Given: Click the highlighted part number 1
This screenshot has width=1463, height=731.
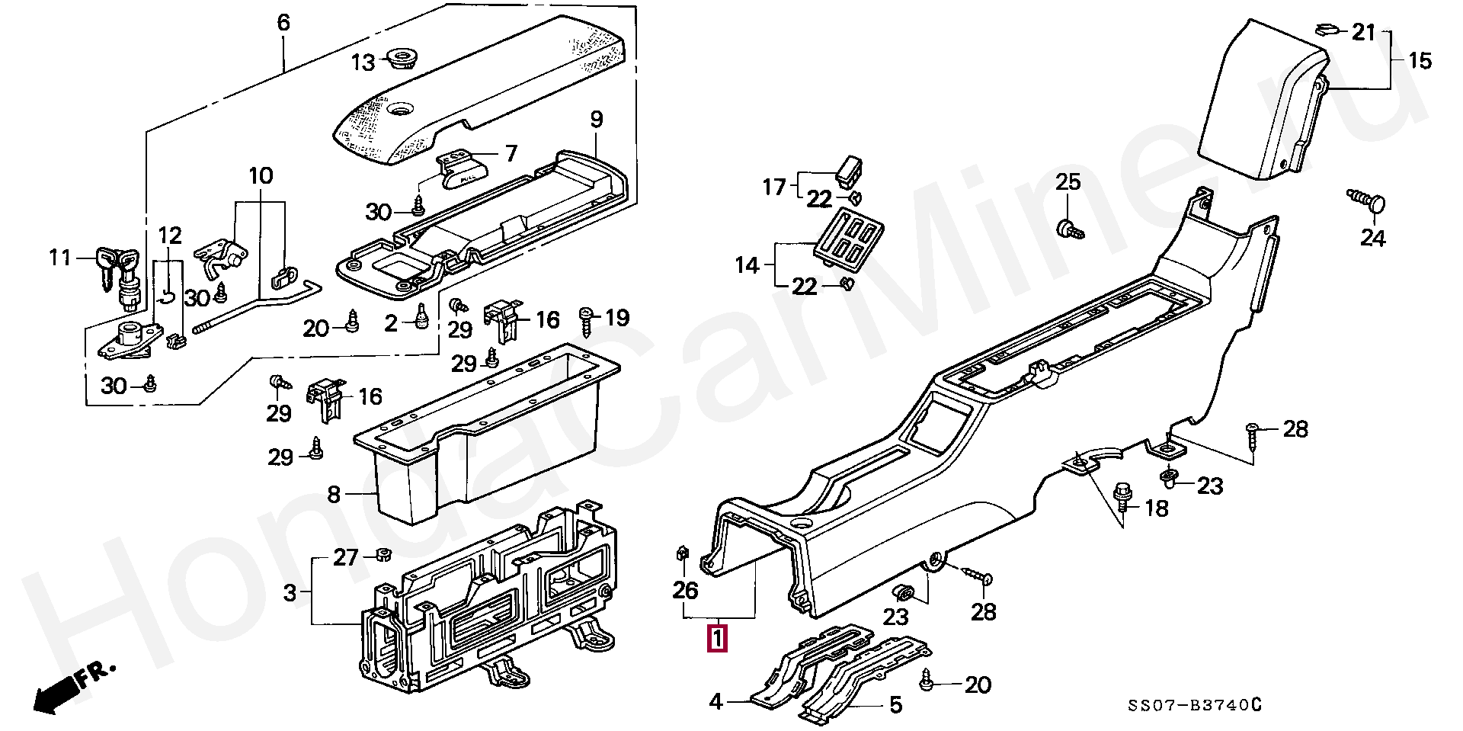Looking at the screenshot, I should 717,638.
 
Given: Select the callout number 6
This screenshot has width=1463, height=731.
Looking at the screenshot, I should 283,22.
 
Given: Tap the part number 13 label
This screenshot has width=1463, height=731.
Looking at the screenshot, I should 363,63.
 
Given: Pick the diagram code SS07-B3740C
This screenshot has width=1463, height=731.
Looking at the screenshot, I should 1195,706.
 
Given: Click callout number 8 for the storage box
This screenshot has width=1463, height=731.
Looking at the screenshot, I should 334,495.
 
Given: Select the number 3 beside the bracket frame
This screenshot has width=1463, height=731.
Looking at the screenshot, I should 290,592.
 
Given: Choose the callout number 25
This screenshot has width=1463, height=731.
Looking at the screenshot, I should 1068,181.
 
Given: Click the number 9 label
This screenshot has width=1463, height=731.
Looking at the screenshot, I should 596,119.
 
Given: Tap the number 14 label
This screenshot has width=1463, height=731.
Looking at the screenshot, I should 748,265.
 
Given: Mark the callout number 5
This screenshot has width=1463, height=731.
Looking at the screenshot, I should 896,704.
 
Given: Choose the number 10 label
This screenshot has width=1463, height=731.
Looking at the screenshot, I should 261,176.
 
